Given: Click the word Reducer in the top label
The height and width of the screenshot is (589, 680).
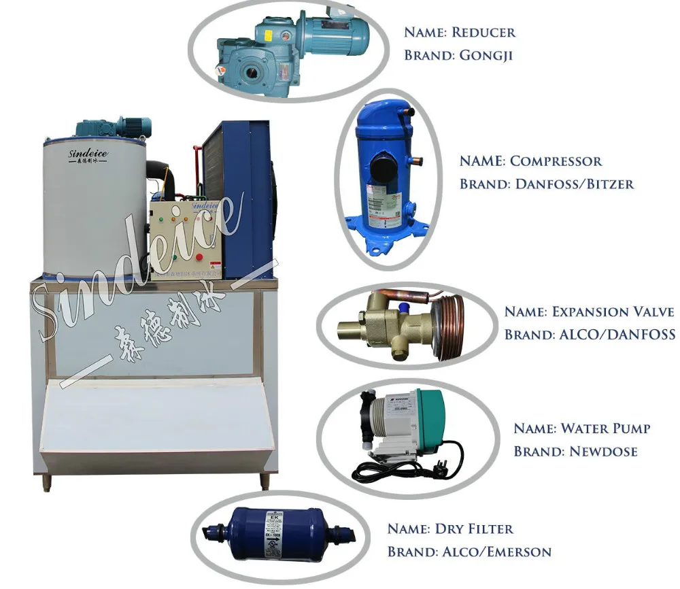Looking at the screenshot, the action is click(x=484, y=32).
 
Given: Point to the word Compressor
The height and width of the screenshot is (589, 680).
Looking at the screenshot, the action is click(x=556, y=161).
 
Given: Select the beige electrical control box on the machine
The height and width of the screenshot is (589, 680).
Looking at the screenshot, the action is click(x=181, y=238).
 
